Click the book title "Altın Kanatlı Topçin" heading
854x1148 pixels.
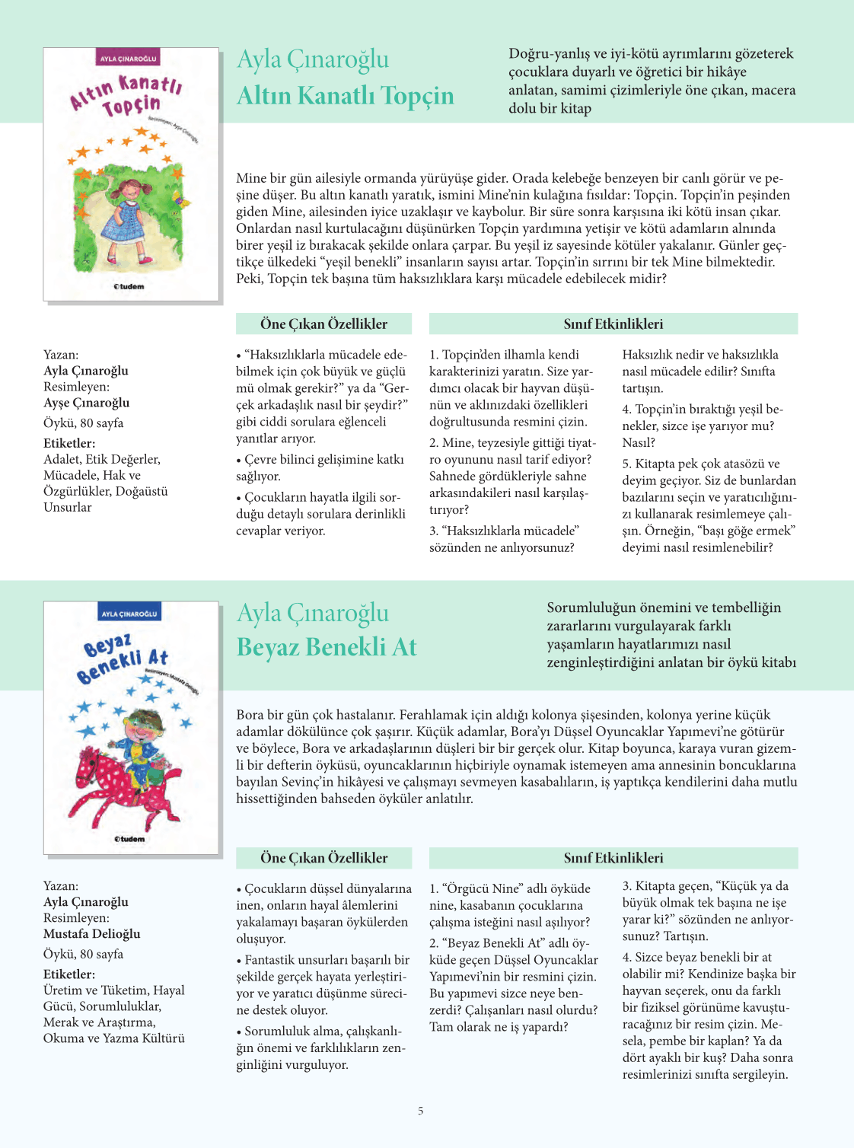345,96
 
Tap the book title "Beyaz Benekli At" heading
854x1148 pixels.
327,647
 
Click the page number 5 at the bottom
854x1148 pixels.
420,1111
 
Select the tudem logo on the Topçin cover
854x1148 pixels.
129,286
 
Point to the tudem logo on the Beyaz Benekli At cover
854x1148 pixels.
129,838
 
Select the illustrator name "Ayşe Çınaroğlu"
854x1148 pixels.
86,403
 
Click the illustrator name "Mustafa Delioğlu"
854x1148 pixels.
91,933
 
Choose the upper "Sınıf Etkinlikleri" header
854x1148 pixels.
613,324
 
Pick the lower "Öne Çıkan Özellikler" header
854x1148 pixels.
323,858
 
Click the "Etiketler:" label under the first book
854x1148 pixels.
69,443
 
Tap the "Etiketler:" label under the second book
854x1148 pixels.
69,974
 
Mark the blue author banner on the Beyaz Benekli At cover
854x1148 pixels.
129,614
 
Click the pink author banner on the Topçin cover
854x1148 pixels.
129,59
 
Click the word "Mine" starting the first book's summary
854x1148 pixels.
251,178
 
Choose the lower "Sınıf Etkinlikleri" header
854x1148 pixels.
613,858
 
